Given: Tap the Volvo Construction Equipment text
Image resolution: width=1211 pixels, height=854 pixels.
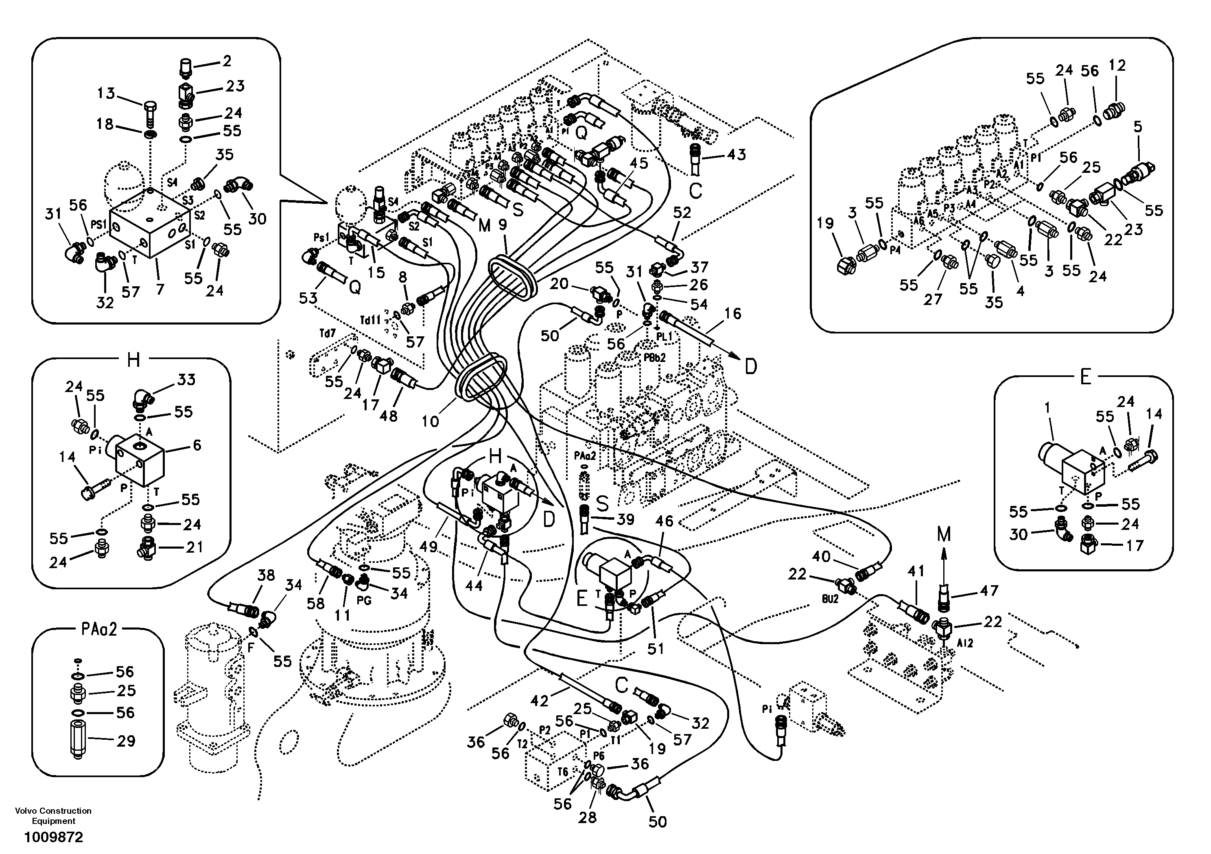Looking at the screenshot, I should [x=53, y=815].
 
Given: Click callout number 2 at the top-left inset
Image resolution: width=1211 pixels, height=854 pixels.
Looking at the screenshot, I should [x=227, y=61].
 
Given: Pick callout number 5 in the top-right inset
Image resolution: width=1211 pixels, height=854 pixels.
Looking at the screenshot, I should [x=1138, y=126].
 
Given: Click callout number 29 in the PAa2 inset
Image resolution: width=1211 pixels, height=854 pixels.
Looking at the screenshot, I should [x=125, y=741].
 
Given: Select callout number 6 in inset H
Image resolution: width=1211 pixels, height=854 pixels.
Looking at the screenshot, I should [x=197, y=445].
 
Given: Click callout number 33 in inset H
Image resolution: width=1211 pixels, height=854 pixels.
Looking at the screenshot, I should [x=186, y=379].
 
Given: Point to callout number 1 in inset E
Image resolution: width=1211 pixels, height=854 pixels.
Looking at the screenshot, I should [x=1047, y=407].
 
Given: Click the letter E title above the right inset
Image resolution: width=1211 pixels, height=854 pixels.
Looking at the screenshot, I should [x=1085, y=377].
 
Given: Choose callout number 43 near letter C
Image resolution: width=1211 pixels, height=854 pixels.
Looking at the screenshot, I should [x=736, y=155].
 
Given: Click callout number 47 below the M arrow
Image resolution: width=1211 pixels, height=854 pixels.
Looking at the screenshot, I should [x=988, y=591].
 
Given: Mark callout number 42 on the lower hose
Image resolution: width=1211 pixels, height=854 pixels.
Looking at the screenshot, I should [x=539, y=701].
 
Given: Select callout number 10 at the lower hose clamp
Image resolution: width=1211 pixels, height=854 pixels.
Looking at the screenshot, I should [x=431, y=421].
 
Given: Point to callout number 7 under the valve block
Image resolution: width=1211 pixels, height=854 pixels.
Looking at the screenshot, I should [x=160, y=289].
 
